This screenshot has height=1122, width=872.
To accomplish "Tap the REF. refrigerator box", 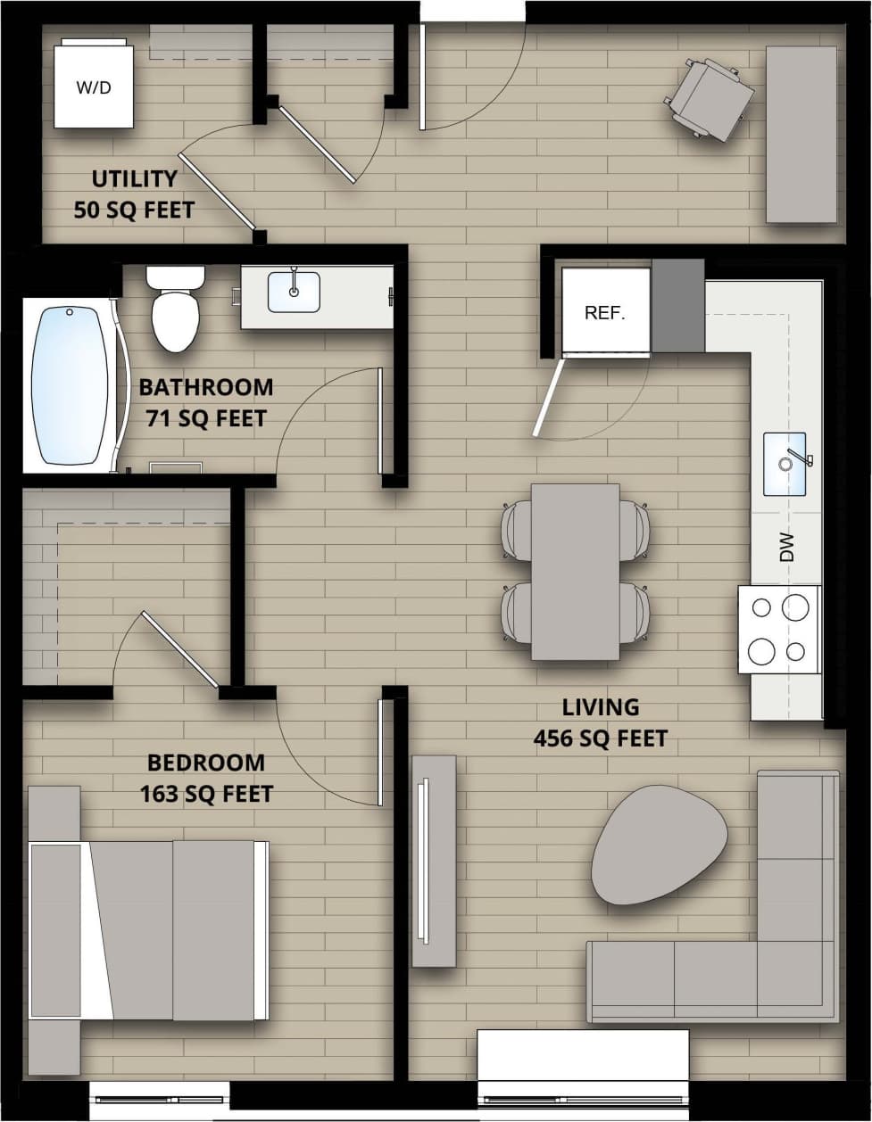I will [x=605, y=311].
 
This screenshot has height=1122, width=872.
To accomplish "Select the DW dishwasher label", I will [x=786, y=548].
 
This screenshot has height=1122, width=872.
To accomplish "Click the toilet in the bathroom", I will [x=176, y=312].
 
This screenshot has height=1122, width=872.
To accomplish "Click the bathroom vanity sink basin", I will [x=294, y=293].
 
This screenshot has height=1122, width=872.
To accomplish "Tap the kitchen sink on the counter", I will [x=785, y=464].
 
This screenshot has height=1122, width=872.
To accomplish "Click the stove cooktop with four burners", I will [x=778, y=630].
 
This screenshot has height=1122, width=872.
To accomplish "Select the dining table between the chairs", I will [x=575, y=572].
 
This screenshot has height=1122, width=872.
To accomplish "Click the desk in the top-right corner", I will [x=801, y=134].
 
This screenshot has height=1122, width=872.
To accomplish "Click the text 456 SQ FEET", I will [x=601, y=738].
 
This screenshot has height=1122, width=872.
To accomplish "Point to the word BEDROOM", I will [x=206, y=763].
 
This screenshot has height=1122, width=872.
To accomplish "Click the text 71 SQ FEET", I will [x=207, y=417].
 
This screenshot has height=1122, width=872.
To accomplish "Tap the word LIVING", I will [x=601, y=707].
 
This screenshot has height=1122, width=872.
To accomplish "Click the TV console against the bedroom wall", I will [x=433, y=861].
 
